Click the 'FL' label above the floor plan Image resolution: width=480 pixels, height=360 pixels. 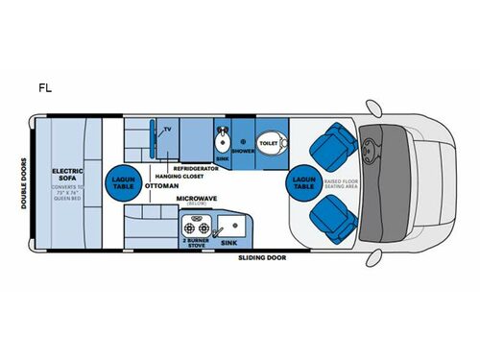coord(45,87)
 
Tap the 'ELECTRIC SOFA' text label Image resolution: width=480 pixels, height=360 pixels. coord(69,175)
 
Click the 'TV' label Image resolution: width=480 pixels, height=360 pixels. coord(167,128)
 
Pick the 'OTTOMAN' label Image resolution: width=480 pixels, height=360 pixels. coord(160,185)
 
